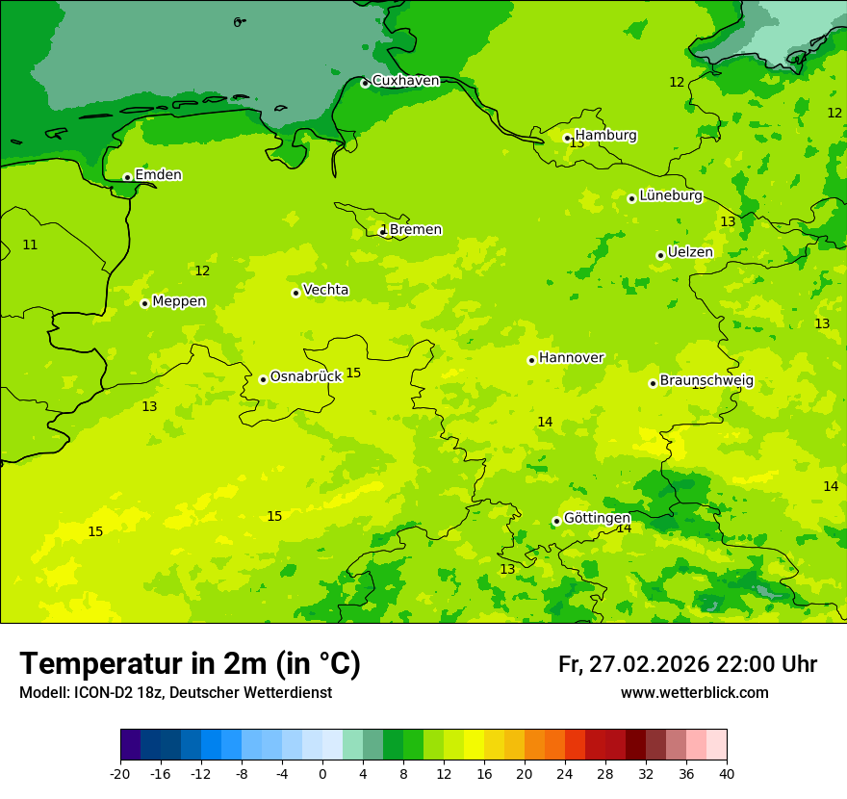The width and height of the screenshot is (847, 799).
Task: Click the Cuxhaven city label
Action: point(405,81)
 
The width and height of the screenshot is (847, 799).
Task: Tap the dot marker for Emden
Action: point(127,177)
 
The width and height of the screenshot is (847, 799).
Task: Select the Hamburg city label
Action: point(605,136)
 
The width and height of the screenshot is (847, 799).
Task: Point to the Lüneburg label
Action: point(670,195)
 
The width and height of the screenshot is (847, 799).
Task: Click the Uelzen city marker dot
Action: point(660,255)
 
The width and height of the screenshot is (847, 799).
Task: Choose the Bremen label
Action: point(415,229)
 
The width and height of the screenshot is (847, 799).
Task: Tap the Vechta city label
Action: point(325,290)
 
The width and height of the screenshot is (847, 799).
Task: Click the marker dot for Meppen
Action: point(144,303)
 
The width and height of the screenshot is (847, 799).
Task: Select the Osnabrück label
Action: point(305,376)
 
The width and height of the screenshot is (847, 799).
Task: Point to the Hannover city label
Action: point(571,357)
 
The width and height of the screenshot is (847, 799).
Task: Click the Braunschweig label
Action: point(706,380)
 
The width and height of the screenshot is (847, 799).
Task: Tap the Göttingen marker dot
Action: point(556,521)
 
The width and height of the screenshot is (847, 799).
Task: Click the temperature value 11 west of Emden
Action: point(30,245)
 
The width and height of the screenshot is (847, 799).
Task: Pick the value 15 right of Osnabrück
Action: point(353,373)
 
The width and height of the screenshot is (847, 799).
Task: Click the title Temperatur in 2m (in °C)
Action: point(190,663)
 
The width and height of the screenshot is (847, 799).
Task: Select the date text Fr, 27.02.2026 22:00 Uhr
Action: point(687,664)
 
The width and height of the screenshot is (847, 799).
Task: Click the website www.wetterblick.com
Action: point(694,693)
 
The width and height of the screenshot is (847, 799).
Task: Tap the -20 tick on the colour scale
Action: point(120,774)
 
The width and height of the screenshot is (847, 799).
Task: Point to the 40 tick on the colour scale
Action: point(727,774)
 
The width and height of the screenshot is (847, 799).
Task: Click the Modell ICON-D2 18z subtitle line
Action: point(175,693)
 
